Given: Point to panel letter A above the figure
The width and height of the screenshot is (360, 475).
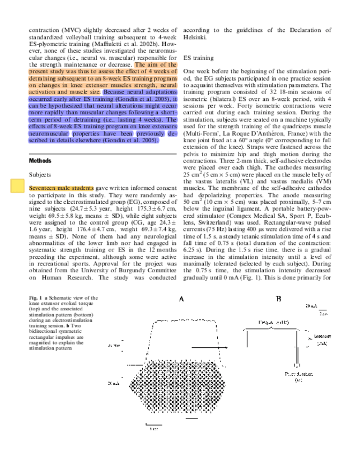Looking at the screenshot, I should [x=181, y=300].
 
